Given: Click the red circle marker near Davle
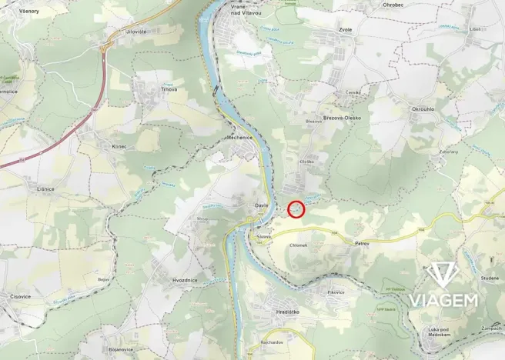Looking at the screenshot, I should click(x=296, y=208).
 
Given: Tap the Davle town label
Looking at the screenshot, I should click(x=262, y=206).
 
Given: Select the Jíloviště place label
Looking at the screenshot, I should click(x=135, y=32).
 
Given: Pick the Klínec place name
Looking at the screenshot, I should click(x=119, y=146).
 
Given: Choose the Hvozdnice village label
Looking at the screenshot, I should click(x=184, y=280).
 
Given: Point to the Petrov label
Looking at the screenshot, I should click(x=363, y=243).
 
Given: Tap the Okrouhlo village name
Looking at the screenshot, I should click(x=423, y=110).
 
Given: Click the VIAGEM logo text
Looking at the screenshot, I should click(x=443, y=299).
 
